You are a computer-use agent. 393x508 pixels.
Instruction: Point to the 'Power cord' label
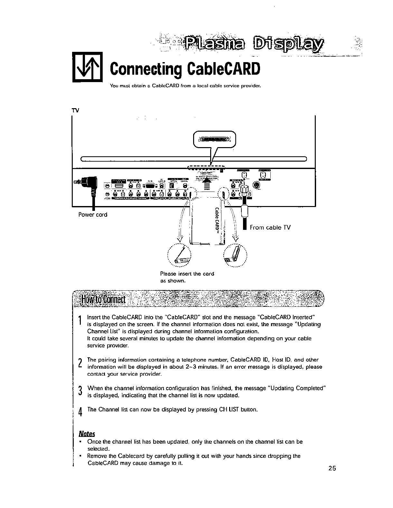tap(93, 215)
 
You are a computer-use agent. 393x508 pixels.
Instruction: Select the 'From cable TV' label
tap(270, 228)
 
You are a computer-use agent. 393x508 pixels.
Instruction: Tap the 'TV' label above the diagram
tap(75, 110)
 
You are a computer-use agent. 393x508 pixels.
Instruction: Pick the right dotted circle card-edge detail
tap(235, 256)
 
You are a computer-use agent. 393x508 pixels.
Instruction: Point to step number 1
tap(80, 321)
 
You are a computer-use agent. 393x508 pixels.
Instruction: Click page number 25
tap(332, 468)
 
